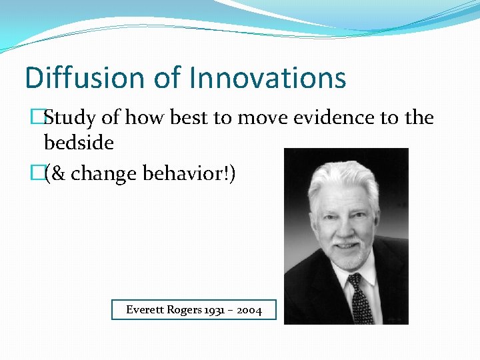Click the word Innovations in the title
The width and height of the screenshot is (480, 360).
point(267,78)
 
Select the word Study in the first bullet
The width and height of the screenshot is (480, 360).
point(70,119)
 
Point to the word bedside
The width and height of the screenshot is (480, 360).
point(79,142)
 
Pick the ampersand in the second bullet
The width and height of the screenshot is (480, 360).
point(58,174)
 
